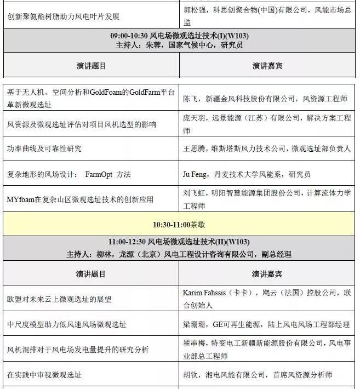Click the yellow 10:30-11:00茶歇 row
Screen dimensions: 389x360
pyautogui.click(x=179, y=225)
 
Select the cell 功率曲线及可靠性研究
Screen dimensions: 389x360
pyautogui.click(x=44, y=149)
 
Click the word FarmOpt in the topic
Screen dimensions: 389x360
pyautogui.click(x=99, y=175)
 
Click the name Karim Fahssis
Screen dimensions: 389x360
pyautogui.click(x=205, y=293)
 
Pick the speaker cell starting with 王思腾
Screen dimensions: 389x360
pyautogui.click(x=265, y=149)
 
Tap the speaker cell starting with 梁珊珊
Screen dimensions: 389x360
pyautogui.click(x=266, y=324)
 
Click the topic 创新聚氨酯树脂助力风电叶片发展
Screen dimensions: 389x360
pyautogui.click(x=63, y=17)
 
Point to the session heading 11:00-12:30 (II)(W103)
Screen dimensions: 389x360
pyautogui.click(x=180, y=242)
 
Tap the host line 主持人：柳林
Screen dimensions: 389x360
pyautogui.click(x=179, y=254)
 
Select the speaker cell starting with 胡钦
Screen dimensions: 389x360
pyautogui.click(x=258, y=375)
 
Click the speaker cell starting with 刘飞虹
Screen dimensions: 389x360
pyautogui.click(x=266, y=199)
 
